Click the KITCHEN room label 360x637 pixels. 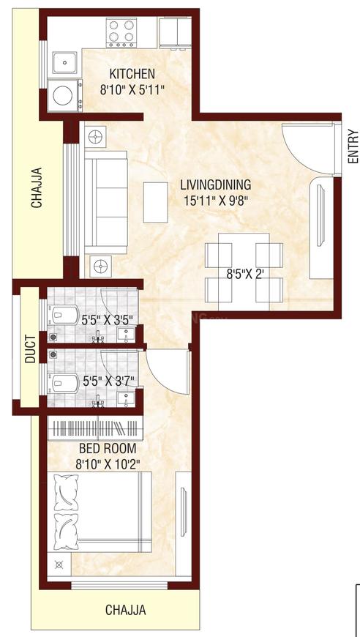(x=132, y=73)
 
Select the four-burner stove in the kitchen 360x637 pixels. (x=121, y=33)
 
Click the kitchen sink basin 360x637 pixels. (x=64, y=63)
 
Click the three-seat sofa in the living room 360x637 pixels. (x=106, y=201)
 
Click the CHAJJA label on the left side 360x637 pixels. (x=36, y=189)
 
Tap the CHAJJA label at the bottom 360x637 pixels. (x=125, y=609)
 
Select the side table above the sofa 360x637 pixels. (x=95, y=135)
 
